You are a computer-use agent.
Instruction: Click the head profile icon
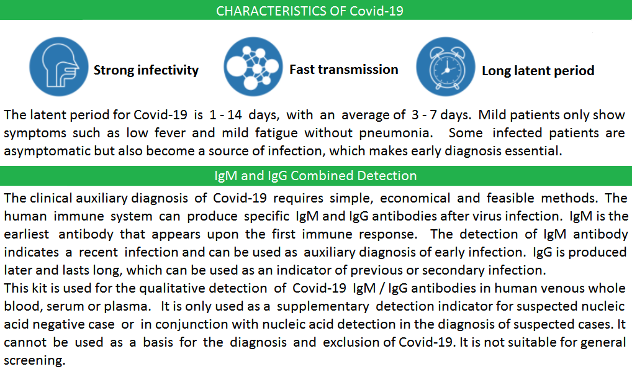click(x=59, y=66)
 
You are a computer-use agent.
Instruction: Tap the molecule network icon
click(x=253, y=66)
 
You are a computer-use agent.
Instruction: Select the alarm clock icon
click(x=446, y=66)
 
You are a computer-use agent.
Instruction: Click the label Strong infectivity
click(x=146, y=70)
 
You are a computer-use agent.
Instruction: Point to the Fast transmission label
click(x=344, y=70)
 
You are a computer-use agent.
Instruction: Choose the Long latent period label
click(x=538, y=71)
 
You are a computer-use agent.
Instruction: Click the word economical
click(x=415, y=198)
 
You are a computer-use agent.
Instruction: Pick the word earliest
click(x=27, y=234)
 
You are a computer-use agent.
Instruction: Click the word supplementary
click(x=323, y=306)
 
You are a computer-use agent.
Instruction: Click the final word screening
click(x=35, y=360)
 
